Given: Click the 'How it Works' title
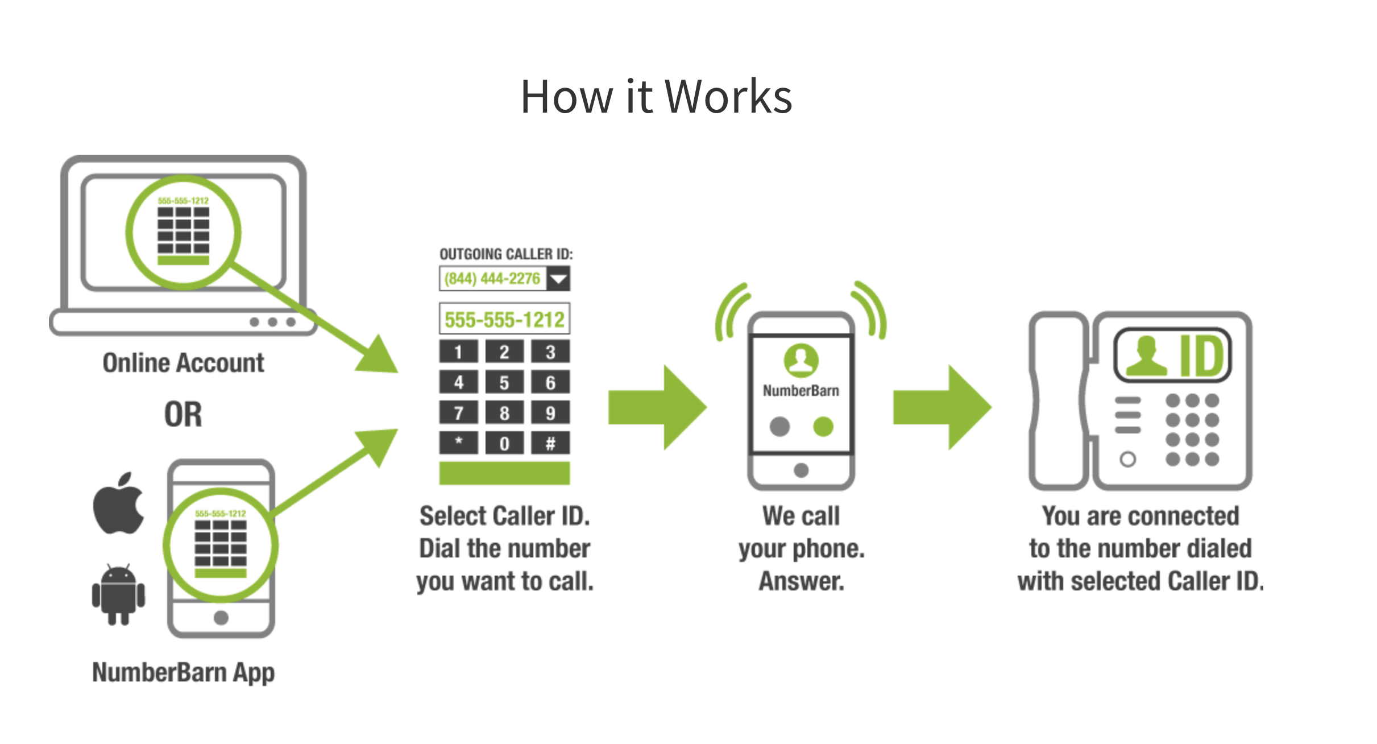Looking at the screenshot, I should [x=656, y=97].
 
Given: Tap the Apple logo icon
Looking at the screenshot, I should [x=119, y=503].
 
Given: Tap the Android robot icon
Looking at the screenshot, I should [x=118, y=595].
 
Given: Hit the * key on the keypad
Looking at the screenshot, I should [x=458, y=443].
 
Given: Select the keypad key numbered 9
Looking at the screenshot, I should [x=550, y=412].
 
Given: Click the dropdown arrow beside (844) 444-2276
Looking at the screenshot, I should [x=558, y=279].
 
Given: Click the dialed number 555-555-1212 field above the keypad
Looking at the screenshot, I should [x=504, y=319].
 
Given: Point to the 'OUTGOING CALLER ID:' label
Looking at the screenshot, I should [x=506, y=254].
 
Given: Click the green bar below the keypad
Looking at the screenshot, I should [x=504, y=473].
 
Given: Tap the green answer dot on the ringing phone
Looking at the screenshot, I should [x=823, y=426].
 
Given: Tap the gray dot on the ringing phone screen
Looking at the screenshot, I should [x=779, y=426].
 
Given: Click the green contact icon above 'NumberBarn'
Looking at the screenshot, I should [x=801, y=360].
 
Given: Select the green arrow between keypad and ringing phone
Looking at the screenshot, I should [x=657, y=407].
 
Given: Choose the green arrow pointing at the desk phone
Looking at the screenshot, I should [x=941, y=407].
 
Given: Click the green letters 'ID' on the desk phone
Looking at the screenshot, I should [x=1201, y=356].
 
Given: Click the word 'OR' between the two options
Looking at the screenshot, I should [x=183, y=414].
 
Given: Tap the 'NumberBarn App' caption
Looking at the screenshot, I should [x=183, y=672].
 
